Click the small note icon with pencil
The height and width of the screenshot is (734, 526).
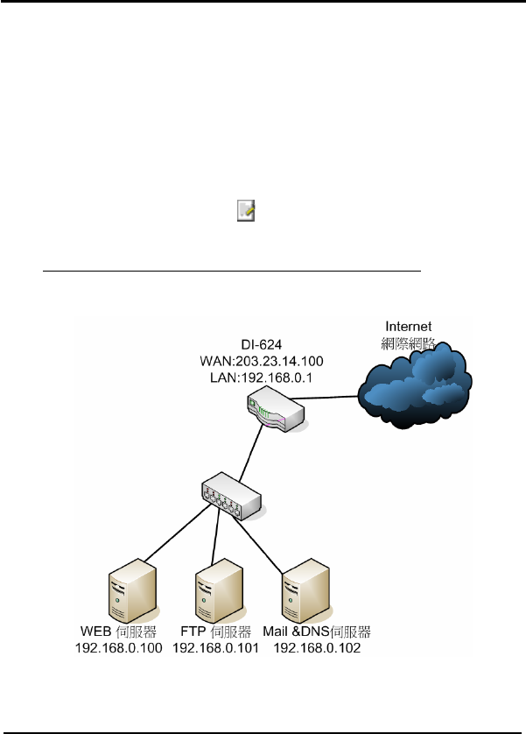pyautogui.click(x=246, y=211)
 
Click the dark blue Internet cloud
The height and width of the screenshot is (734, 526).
pyautogui.click(x=411, y=385)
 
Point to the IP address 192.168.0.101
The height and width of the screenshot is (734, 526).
pyautogui.click(x=215, y=649)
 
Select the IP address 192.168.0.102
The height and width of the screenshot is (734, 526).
pyautogui.click(x=316, y=649)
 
